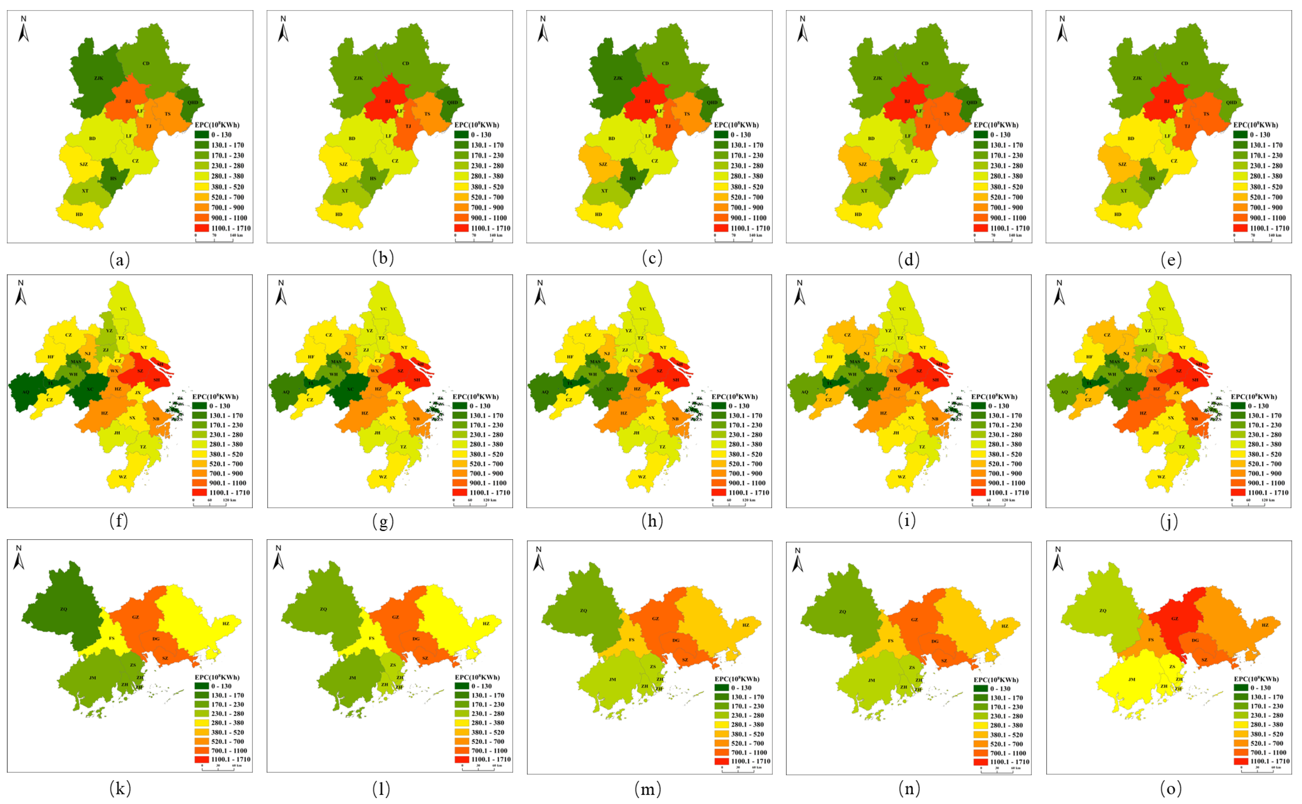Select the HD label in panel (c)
tap(599, 214)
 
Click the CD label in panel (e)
tap(1184, 63)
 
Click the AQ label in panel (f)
tap(25, 392)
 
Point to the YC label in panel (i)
tap(902, 309)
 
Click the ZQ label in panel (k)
tap(64, 609)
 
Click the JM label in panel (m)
tap(612, 679)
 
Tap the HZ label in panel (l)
tap(486, 623)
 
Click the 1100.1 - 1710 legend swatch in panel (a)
tap(202, 228)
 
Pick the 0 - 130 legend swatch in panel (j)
tap(1238, 406)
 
